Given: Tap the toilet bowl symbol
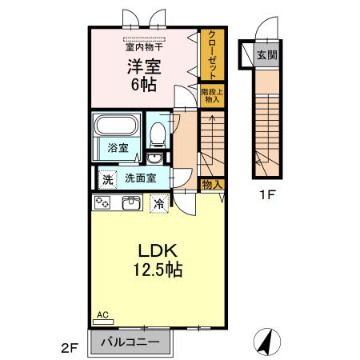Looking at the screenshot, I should [x=158, y=133].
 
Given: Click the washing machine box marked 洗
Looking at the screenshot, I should [x=106, y=178].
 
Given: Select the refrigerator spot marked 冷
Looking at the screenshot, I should [x=159, y=203].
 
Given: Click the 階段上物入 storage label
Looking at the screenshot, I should [x=211, y=95].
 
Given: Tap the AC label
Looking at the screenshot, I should [x=102, y=314].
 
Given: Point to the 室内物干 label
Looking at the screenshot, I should [x=143, y=45].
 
